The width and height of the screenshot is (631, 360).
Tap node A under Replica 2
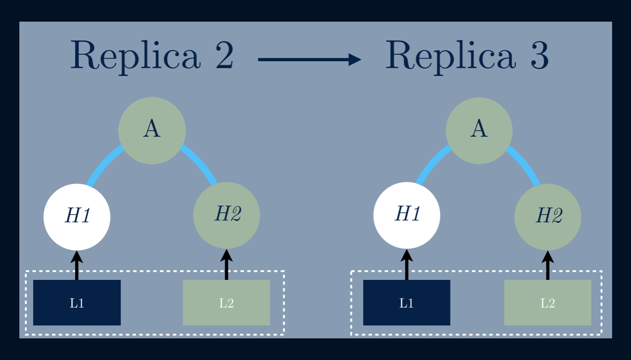click(152, 130)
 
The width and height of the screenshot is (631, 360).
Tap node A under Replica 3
click(479, 130)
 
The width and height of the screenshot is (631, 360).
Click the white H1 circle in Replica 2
click(77, 217)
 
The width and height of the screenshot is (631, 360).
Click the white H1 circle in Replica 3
click(407, 215)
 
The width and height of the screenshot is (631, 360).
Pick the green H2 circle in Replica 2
click(227, 215)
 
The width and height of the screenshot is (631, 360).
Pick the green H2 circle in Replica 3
click(548, 217)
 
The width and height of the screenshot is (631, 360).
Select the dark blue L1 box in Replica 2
click(77, 302)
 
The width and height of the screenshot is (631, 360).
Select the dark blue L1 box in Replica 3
click(407, 302)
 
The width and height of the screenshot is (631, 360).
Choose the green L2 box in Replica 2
click(226, 302)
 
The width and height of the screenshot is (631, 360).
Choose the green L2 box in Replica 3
click(548, 302)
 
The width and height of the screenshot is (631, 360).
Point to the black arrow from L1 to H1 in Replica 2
click(77, 266)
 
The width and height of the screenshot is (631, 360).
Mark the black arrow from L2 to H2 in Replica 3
click(548, 266)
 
